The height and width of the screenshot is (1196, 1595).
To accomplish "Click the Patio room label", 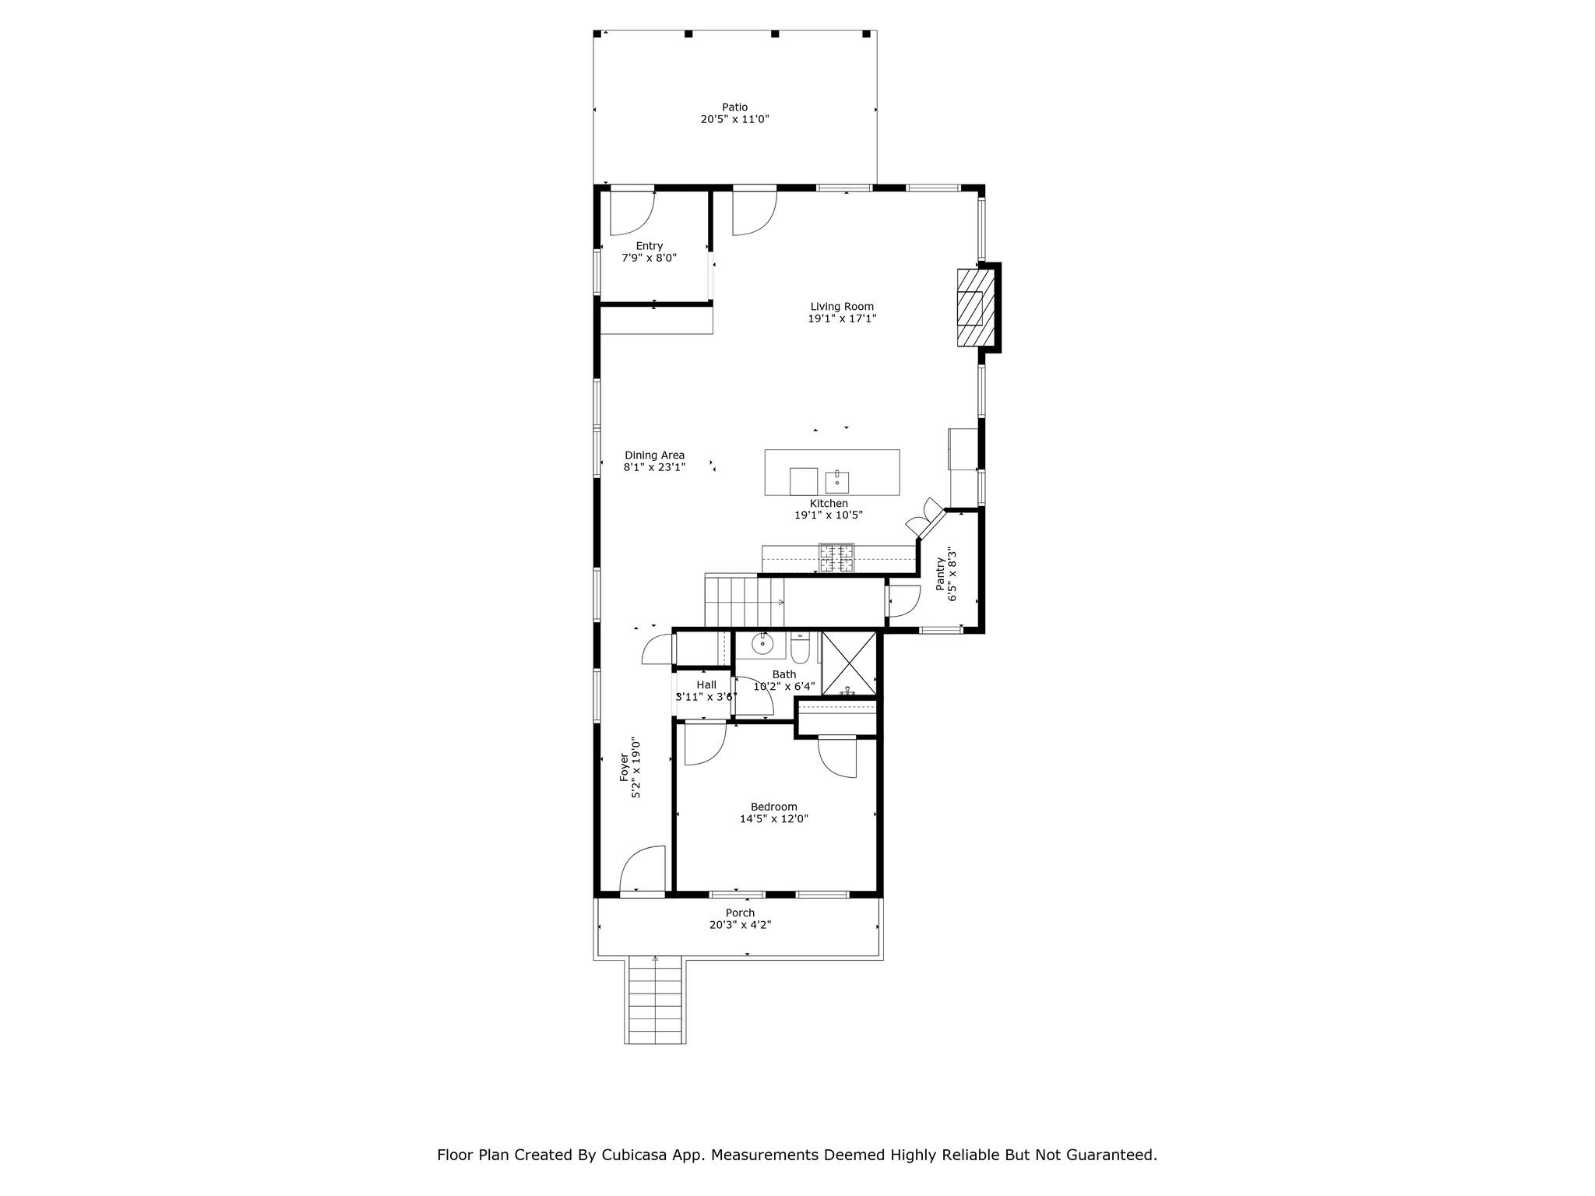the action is point(734,113).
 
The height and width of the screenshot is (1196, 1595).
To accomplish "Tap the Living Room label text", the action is point(842,307).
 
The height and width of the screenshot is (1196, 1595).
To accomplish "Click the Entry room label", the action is point(649,246).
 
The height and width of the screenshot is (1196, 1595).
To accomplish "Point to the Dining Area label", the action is point(654,456).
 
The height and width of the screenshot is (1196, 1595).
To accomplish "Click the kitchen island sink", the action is point(837,483).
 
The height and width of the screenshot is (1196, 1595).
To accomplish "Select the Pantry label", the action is point(941,573).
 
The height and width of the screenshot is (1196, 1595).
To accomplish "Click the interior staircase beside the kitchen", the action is point(744,600).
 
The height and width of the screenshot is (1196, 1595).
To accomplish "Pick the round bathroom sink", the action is point(762,644).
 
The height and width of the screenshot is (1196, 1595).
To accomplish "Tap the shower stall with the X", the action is point(849,663).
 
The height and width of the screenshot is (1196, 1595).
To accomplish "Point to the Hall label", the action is point(706,685).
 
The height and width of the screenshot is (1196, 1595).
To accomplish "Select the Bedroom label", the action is point(773,807).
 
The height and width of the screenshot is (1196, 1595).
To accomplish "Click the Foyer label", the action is point(624,767).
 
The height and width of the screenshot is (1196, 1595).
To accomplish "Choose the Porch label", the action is point(740,913).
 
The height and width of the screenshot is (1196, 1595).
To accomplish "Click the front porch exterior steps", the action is point(655,1001).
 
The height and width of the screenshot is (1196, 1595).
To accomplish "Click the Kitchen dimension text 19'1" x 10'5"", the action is point(829,515).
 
